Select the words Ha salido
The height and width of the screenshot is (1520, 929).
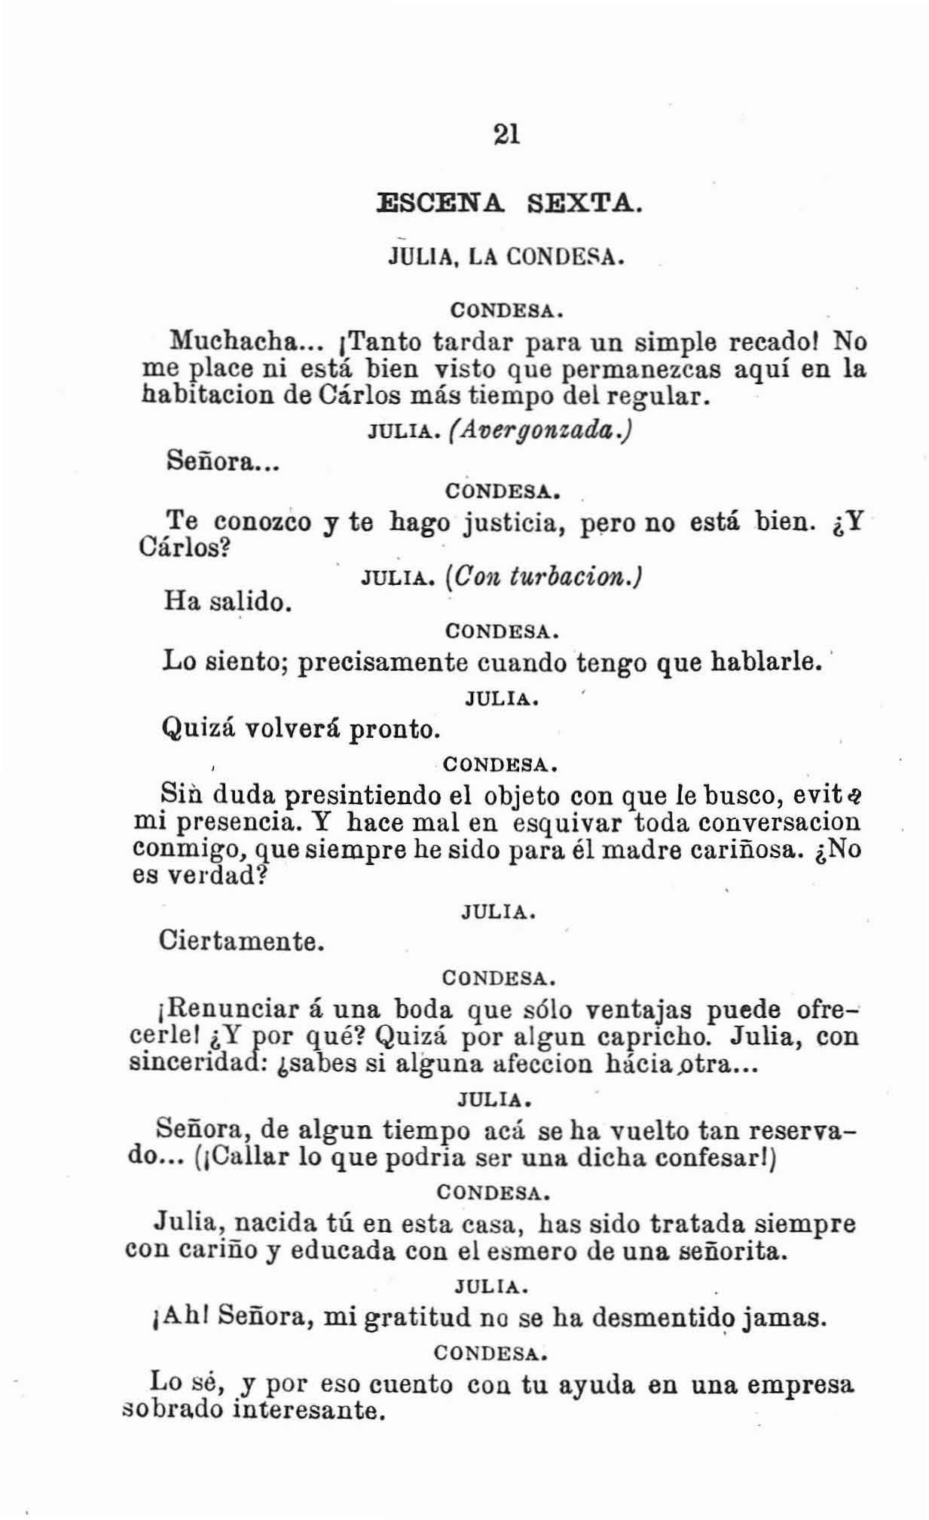coord(227,601)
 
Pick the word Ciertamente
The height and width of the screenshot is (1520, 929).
coord(241,940)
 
